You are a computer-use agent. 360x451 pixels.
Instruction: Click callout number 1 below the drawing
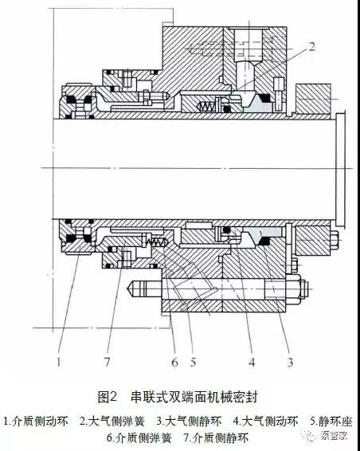59,362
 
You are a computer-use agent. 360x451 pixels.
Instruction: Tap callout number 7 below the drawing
108,362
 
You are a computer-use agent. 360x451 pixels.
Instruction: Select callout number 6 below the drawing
174,362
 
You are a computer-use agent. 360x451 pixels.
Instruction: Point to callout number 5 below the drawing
194,362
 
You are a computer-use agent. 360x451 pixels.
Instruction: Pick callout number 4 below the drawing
252,362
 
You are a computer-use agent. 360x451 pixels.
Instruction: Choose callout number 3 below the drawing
290,362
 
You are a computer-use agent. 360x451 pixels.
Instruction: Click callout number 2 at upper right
311,46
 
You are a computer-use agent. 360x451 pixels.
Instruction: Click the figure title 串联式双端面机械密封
194,397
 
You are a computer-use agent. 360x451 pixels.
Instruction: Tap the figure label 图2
108,397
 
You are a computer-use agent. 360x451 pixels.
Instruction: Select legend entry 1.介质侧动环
36,422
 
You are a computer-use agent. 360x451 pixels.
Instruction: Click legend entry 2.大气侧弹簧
112,422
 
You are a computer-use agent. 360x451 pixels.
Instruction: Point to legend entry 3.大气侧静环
190,422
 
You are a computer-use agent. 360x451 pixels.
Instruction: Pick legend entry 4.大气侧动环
266,422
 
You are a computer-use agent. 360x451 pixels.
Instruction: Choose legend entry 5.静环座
331,422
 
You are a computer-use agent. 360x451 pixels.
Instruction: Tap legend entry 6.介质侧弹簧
139,437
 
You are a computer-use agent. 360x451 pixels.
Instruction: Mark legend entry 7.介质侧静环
216,437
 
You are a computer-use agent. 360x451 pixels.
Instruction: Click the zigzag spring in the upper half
205,107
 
